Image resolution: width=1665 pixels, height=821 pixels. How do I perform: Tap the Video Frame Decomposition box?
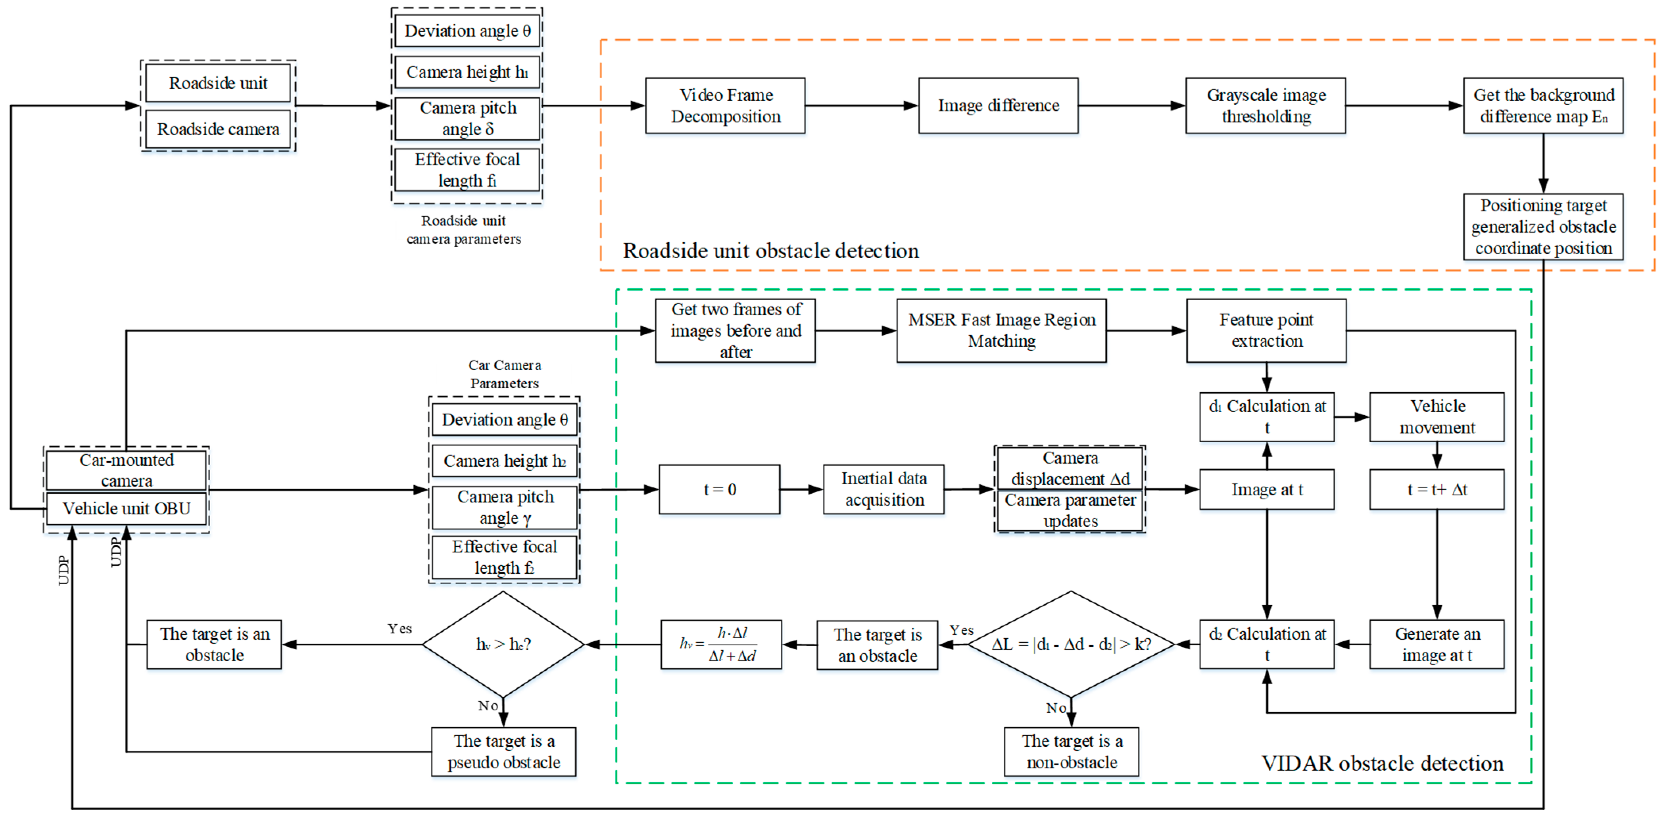(725, 105)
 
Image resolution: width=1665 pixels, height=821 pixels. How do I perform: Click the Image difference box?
(998, 105)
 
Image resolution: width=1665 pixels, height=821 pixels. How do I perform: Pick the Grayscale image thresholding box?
(1266, 105)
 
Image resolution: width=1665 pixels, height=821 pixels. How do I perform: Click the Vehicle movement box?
(1437, 416)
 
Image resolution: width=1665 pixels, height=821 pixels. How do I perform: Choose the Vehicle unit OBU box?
(126, 508)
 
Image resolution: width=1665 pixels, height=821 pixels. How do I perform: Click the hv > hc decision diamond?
(503, 644)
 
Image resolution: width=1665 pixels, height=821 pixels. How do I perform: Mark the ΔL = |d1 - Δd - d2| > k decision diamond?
(1071, 644)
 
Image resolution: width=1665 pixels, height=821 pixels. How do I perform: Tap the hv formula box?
(721, 644)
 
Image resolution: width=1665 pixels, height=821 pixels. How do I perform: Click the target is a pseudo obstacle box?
(503, 751)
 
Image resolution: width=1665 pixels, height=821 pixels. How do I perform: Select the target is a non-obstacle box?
(1071, 751)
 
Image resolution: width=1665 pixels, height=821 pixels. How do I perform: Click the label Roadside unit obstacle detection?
(770, 251)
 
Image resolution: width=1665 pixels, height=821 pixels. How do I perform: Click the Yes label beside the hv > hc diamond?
(399, 629)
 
